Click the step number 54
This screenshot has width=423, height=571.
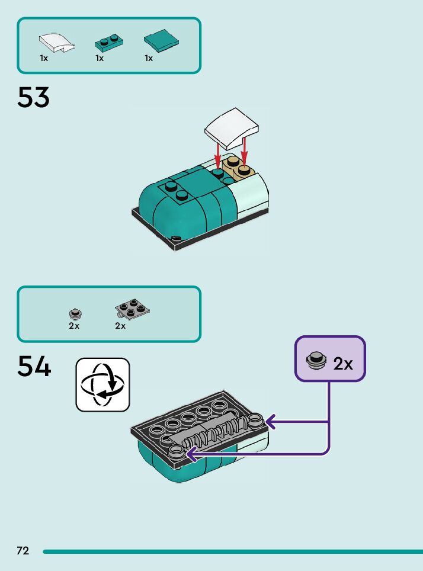pos(34,367)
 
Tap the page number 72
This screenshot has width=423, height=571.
pos(23,551)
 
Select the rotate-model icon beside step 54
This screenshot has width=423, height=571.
pos(102,384)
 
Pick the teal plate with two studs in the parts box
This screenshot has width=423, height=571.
pos(109,42)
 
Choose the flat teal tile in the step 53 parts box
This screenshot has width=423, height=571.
pos(162,40)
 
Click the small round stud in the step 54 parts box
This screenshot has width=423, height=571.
pos(74,313)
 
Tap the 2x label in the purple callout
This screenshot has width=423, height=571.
pos(343,364)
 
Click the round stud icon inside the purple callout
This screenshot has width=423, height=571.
pos(316,360)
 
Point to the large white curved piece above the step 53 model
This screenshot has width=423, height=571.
pos(232,129)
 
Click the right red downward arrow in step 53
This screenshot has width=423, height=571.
pos(243,151)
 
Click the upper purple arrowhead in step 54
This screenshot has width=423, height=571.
pos(270,421)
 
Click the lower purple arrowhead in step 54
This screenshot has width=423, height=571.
pos(190,454)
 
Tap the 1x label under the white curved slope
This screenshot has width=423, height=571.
pos(44,58)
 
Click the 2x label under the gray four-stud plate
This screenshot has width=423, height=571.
pos(120,326)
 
